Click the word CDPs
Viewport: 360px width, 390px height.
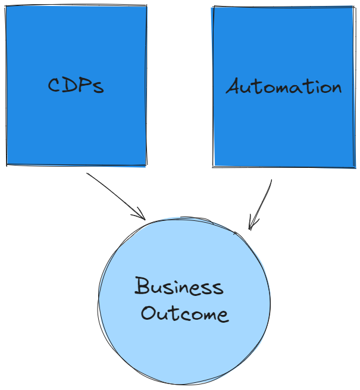tap(76, 85)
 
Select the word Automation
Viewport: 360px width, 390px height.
tap(284, 87)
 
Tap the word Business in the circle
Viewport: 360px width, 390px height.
tap(179, 286)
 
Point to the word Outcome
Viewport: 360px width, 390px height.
tap(184, 314)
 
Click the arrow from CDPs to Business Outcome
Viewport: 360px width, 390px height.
tap(117, 195)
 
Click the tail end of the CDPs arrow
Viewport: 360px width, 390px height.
tap(87, 174)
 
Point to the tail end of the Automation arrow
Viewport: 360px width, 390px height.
tap(271, 180)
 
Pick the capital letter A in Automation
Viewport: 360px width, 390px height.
tap(233, 87)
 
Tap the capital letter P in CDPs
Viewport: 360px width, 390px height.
tap(86, 85)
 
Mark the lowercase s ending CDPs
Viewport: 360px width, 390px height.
tap(98, 88)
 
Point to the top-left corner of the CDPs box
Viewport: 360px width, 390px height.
tap(7, 7)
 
